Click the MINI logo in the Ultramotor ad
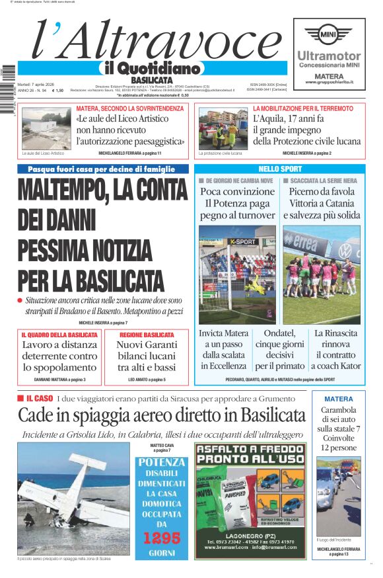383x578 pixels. (x=329, y=33)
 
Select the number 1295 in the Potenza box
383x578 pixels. (x=162, y=538)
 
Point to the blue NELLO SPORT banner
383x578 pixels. (x=282, y=169)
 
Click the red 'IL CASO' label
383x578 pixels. (x=40, y=399)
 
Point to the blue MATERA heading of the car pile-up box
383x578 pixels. (x=338, y=399)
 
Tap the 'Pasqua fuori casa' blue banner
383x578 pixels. (x=103, y=169)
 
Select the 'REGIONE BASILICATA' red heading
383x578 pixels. (x=147, y=335)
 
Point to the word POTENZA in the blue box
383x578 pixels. (x=162, y=463)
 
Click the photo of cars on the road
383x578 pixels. (x=338, y=496)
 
